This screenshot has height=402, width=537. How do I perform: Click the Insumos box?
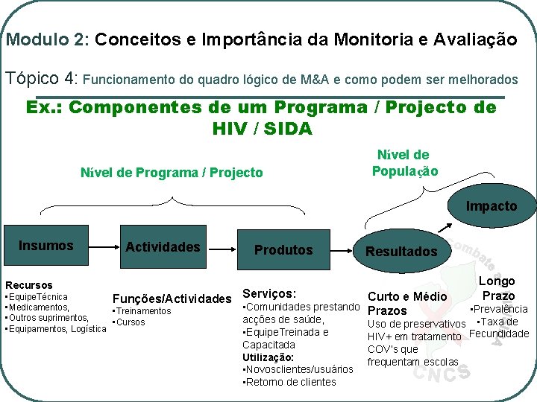point(46,246)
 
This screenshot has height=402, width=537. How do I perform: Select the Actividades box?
point(163,246)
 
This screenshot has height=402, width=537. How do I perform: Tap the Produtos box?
point(283,250)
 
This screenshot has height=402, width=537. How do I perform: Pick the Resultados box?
point(401,251)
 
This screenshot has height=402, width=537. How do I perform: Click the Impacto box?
point(491,206)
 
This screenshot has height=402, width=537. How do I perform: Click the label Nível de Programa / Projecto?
point(172,173)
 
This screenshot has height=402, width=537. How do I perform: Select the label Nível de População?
point(404,163)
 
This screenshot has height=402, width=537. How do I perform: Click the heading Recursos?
point(29,285)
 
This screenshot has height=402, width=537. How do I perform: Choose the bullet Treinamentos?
point(142,311)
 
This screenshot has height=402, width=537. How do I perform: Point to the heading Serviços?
point(270,294)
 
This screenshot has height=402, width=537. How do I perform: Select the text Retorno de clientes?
point(290,382)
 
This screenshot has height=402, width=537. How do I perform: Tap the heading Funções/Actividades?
point(172,299)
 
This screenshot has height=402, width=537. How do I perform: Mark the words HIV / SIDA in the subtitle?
point(262,129)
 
